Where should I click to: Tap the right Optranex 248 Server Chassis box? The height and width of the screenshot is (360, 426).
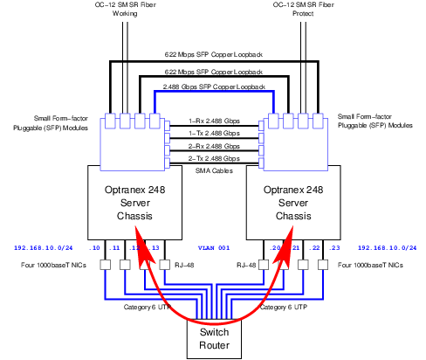point(292,202)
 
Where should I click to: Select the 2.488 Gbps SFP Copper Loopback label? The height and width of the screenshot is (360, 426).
point(214,88)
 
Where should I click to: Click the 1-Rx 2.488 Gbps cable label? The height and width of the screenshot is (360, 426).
point(213,121)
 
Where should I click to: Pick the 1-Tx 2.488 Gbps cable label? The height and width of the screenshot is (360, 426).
point(213,133)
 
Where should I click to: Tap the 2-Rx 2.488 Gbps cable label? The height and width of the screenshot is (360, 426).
point(213,146)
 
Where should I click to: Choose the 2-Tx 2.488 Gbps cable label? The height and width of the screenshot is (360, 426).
point(213,158)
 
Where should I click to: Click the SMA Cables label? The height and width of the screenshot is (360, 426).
point(213,172)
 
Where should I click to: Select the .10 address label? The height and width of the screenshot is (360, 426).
point(94,247)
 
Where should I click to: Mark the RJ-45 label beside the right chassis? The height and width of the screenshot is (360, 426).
point(244,264)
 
